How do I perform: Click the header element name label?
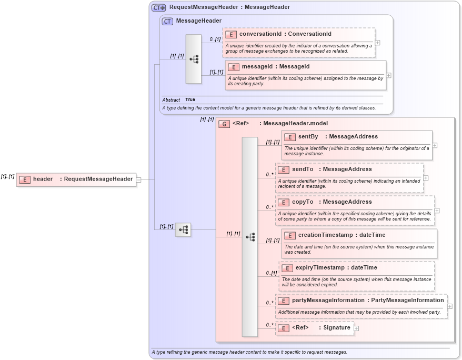[x=43, y=179]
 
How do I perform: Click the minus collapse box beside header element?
[x=138, y=179]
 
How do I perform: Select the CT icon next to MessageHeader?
[x=167, y=21]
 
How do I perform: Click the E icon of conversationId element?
[x=230, y=34]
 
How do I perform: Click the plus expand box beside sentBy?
[x=435, y=145]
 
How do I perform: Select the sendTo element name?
[x=303, y=169]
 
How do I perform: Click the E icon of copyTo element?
[x=283, y=202]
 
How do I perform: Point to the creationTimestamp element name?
[x=325, y=235]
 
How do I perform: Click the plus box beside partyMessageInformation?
[x=449, y=306]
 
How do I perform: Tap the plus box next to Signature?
[x=356, y=328]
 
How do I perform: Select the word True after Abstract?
[x=190, y=99]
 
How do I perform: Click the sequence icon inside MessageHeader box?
[x=194, y=59]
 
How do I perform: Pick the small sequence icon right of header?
[x=183, y=230]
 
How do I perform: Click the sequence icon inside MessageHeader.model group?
[x=250, y=237]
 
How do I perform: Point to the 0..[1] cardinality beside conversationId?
[x=215, y=39]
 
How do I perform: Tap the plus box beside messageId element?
[x=388, y=75]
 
